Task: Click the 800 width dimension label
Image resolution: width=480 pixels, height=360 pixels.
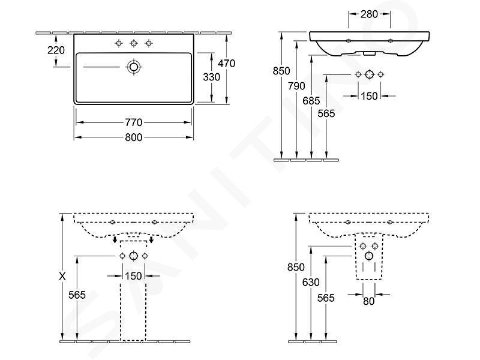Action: pos(134,137)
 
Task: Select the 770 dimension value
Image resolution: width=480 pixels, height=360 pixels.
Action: pos(134,122)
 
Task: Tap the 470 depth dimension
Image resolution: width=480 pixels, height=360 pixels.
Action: pos(227,64)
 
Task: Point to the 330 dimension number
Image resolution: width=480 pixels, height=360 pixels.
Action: pos(212,77)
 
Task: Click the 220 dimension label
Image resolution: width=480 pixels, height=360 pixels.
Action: pos(56,50)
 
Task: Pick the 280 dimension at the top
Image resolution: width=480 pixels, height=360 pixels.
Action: pos(369,14)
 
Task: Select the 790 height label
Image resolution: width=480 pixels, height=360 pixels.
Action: pos(296,86)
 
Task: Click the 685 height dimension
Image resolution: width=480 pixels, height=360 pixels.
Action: pos(311,101)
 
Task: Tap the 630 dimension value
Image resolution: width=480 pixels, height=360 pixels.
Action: pos(311,282)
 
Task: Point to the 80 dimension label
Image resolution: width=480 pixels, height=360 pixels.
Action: pos(369,301)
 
